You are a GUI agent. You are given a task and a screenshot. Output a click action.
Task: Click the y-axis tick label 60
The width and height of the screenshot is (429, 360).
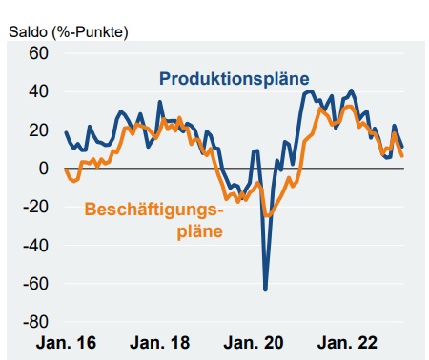(36, 53)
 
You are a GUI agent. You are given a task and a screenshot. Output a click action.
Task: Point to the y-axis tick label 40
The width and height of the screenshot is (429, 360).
(36, 92)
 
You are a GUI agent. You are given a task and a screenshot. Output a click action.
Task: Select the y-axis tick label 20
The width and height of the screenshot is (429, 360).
(36, 130)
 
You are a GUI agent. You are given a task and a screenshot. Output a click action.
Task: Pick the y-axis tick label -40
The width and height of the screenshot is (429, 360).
(33, 246)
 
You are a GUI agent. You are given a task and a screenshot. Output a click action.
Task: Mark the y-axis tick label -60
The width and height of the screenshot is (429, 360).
(33, 284)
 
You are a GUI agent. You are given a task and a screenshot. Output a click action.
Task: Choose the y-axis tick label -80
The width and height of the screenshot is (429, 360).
(33, 322)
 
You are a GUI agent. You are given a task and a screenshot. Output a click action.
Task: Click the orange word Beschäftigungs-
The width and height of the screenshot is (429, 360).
(157, 210)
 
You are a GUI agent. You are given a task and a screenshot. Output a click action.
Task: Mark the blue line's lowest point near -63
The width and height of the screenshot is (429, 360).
(265, 289)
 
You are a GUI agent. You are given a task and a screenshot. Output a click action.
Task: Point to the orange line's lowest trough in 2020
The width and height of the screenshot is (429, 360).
(267, 216)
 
